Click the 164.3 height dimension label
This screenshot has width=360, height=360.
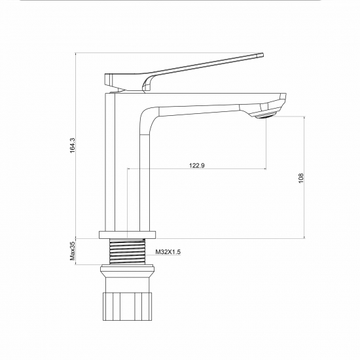tap(73, 145)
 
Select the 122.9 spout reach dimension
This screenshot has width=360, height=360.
tap(197, 166)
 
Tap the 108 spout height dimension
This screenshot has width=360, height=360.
tap(301, 178)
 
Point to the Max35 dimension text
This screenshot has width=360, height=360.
tap(73, 251)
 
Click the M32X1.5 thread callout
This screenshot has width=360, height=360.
tap(168, 252)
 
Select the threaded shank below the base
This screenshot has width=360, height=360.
tap(128, 251)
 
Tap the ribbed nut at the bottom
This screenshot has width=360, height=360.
tap(127, 306)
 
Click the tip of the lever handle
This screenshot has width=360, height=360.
tap(262, 55)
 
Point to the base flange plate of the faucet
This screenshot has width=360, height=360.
tap(128, 234)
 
